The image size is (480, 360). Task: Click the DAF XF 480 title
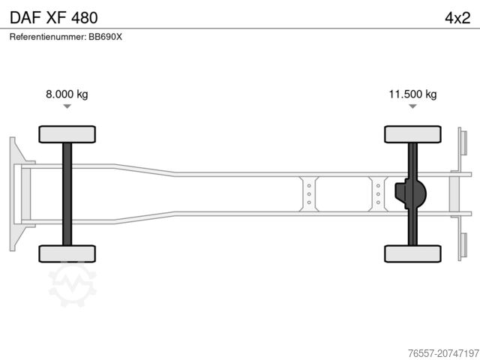click(x=54, y=18)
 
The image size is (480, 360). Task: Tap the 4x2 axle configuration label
click(x=457, y=18)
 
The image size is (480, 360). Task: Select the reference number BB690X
click(x=105, y=37)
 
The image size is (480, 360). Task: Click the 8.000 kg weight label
click(x=67, y=94)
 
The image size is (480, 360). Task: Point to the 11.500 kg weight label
click(x=412, y=94)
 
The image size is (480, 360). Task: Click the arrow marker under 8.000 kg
click(x=67, y=106)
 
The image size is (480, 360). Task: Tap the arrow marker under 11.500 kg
click(x=412, y=106)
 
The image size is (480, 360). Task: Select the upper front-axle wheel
click(x=67, y=134)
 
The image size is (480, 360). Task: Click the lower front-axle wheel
click(x=67, y=253)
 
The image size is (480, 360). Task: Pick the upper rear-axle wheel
click(x=412, y=134)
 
